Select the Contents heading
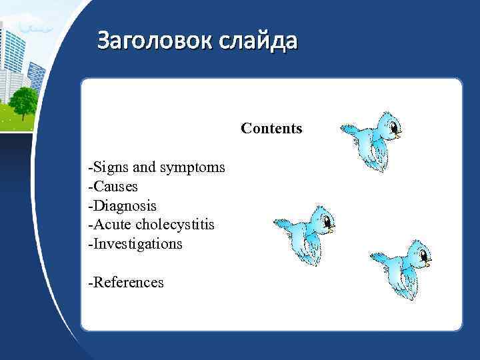point(271,128)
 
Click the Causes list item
point(113,186)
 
